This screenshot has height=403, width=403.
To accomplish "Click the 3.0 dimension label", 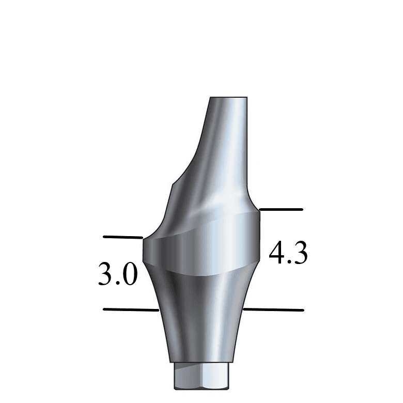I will [117, 274].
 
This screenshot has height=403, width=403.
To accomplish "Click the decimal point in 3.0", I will [117, 284].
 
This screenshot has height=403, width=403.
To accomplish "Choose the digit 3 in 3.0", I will [105, 274].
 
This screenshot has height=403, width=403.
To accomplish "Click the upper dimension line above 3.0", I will [122, 237].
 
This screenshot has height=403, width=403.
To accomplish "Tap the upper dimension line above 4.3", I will [281, 210].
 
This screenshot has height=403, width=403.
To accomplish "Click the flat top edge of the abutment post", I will [229, 98].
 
